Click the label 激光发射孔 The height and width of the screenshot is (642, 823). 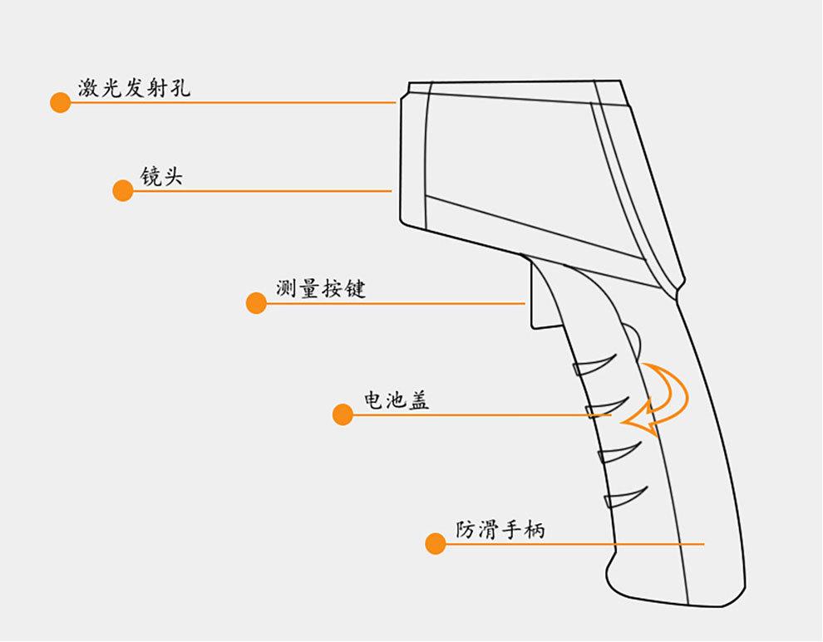click(134, 87)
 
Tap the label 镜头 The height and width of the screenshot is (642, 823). click(161, 176)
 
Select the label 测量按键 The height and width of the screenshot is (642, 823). click(321, 289)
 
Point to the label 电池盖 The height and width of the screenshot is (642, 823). click(397, 399)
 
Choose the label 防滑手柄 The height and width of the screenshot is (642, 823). click(500, 529)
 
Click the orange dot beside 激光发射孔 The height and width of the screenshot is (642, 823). click(60, 103)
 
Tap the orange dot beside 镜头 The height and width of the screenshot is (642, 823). click(123, 191)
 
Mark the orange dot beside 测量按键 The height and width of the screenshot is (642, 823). click(256, 303)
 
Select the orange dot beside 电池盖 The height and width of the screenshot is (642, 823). click(343, 414)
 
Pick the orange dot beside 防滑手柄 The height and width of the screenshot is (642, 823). click(435, 544)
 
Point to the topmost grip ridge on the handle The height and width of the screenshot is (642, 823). click(594, 365)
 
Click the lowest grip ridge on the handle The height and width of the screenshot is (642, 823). click(623, 496)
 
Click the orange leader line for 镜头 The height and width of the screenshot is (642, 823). click(266, 191)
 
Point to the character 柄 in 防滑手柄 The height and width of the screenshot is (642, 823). click(535, 529)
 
